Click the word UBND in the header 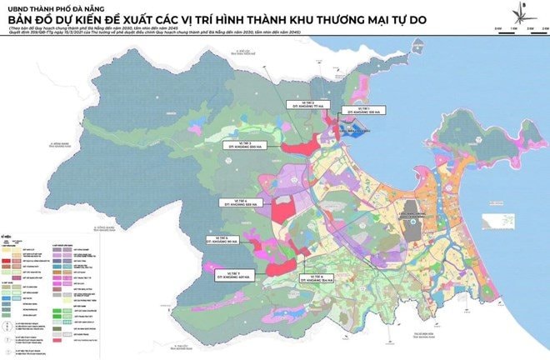19,10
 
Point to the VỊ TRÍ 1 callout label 362,109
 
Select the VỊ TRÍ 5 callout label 222,237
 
